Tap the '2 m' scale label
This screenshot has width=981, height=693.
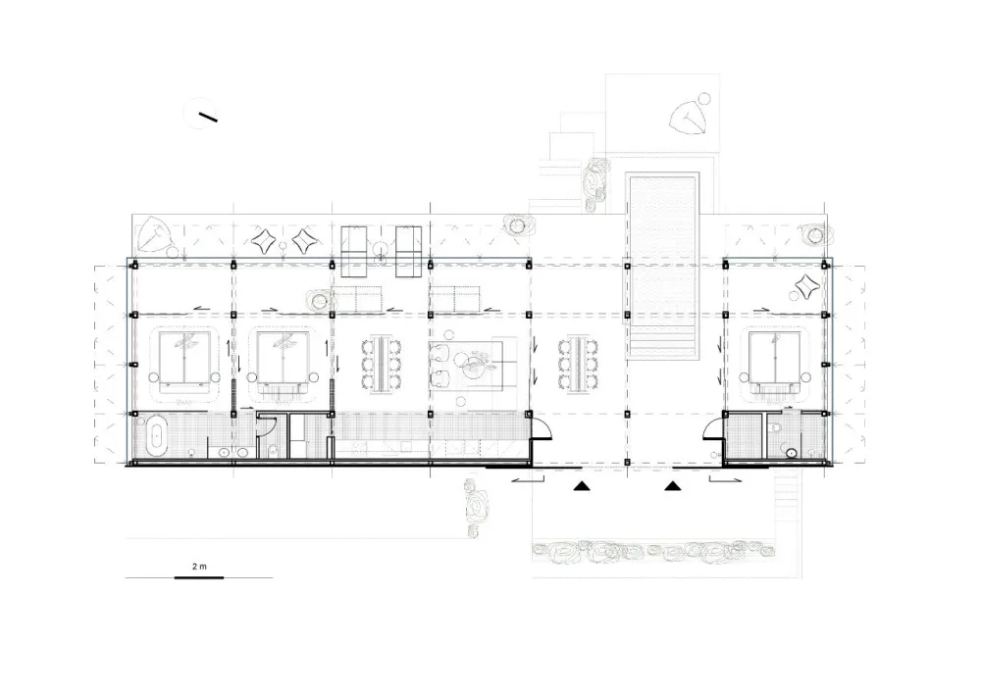(199, 567)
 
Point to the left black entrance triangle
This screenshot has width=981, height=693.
(582, 485)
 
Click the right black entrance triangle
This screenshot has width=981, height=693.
(673, 485)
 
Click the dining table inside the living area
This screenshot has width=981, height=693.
(381, 365)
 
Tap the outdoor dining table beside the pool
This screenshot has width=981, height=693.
(578, 365)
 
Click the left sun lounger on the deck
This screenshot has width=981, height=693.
(353, 251)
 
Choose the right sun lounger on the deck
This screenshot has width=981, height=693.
(408, 251)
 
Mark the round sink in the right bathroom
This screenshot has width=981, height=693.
(792, 454)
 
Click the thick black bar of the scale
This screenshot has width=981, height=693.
(198, 577)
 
